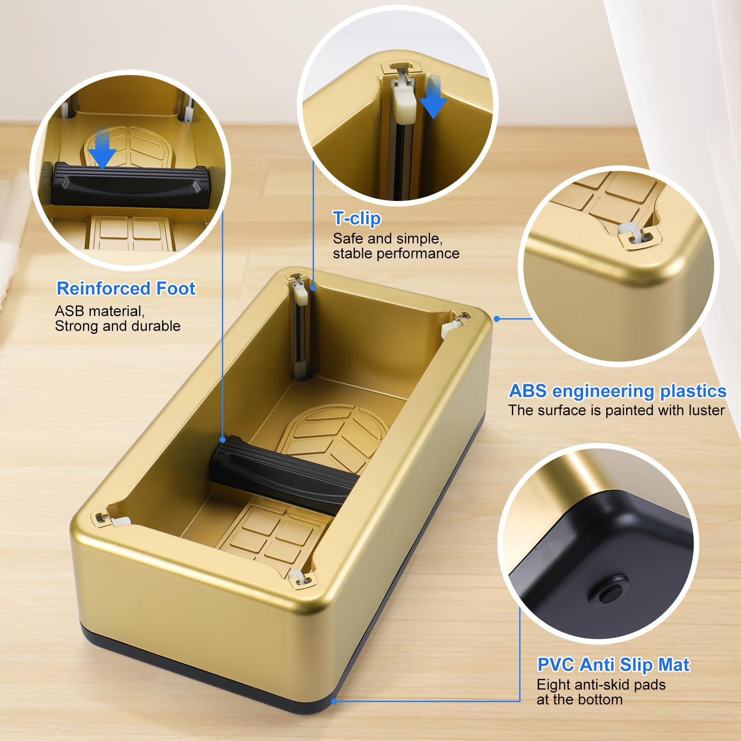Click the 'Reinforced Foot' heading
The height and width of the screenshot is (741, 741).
coord(126,289)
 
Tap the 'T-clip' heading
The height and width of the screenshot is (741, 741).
coord(357,218)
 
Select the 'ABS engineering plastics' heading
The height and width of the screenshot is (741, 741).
coord(617,391)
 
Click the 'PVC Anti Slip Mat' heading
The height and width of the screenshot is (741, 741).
coord(613,665)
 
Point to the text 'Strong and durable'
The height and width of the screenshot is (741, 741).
coord(118,326)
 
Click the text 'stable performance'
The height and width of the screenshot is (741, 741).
coord(396,253)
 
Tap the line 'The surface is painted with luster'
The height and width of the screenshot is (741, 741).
coord(616,410)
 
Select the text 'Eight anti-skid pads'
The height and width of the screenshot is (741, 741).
coord(601,684)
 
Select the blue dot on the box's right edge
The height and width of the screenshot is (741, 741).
coord(496,319)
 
